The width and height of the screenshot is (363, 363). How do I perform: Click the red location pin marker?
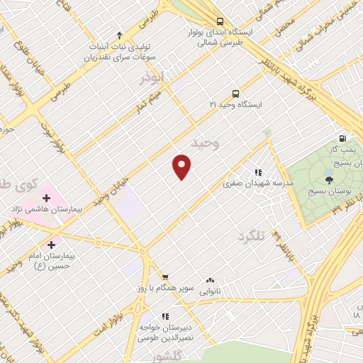click(182, 166)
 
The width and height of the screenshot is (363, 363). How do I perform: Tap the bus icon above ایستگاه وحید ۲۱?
click(235, 93)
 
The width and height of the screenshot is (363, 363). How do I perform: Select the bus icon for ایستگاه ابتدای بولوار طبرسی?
click(220, 21)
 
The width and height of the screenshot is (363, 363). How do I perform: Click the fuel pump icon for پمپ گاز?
click(342, 138)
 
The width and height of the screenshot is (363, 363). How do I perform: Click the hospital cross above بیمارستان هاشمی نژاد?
click(47, 196)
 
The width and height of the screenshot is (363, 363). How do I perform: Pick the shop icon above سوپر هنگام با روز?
click(164, 277)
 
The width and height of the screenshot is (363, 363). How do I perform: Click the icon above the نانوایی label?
click(210, 280)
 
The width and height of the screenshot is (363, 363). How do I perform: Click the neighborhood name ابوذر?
click(152, 78)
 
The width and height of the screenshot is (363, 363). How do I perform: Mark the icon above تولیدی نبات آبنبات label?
click(119, 34)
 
